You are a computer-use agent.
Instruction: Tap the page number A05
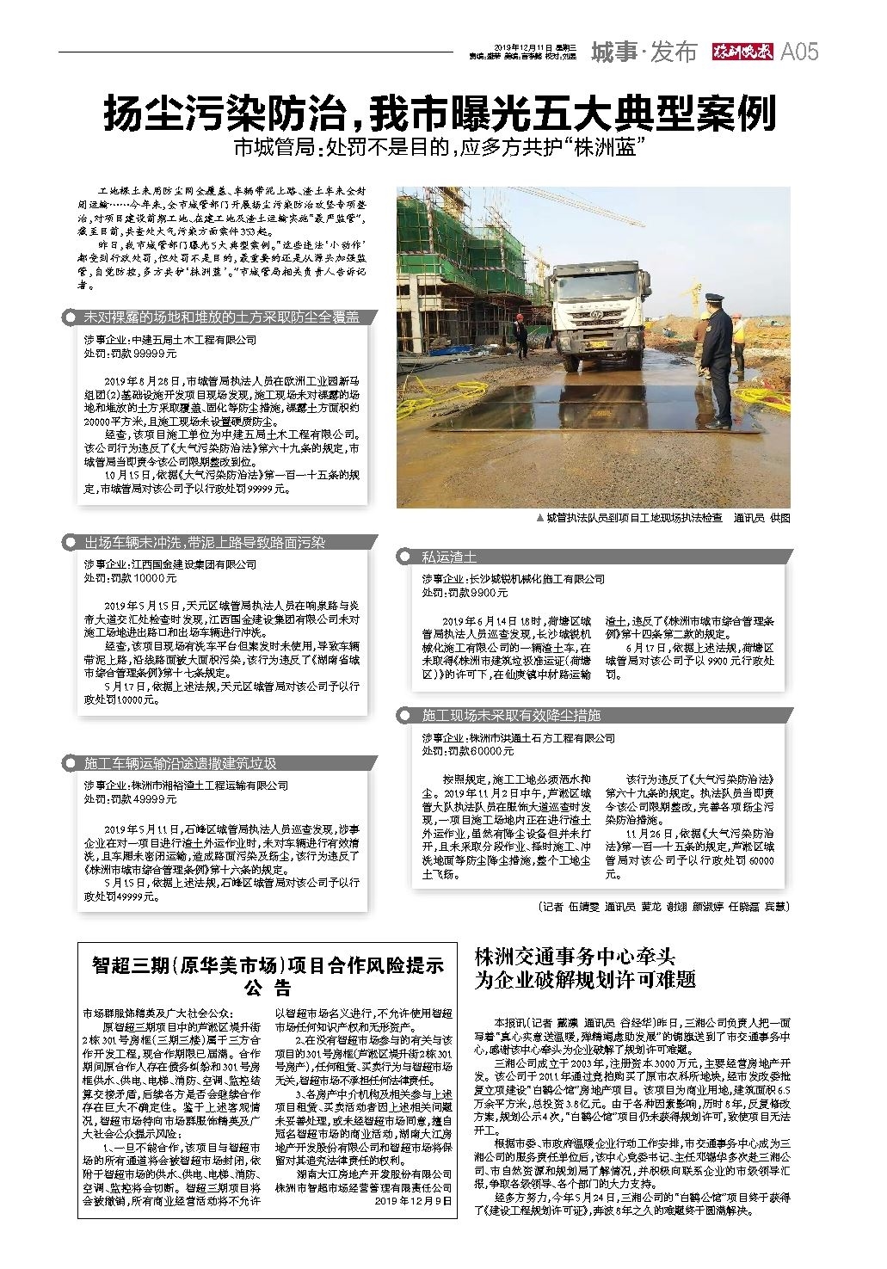point(798,52)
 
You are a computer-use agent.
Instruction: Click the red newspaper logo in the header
point(742,52)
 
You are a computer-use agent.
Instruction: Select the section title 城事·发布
point(644,52)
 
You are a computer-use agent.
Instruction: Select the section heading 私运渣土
point(449,557)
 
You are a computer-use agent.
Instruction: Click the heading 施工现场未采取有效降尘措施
point(511,715)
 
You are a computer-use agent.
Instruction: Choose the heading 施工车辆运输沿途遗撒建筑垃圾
point(180,763)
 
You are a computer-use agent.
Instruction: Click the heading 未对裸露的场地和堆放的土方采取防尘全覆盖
point(221,317)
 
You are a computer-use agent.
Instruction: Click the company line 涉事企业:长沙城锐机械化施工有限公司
point(513,579)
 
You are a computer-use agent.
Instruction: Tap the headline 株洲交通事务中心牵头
point(575,957)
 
